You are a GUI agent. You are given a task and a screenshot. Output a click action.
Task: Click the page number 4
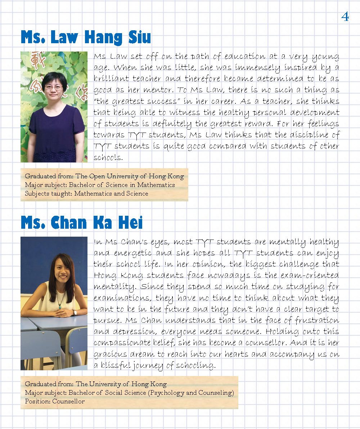coord(345,17)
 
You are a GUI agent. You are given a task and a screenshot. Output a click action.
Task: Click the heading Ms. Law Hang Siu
coord(86,37)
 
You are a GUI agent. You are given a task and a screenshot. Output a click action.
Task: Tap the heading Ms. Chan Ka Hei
coord(82,223)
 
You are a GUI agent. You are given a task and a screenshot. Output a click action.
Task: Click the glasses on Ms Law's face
coord(54,87)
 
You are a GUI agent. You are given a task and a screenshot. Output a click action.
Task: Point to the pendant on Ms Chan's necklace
coord(59,300)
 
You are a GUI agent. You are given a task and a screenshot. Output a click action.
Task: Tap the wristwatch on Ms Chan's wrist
coord(74,313)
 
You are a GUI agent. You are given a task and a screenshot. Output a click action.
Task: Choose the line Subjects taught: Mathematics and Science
coord(86,193)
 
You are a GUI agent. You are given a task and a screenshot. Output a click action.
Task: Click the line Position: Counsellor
coord(55,401)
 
